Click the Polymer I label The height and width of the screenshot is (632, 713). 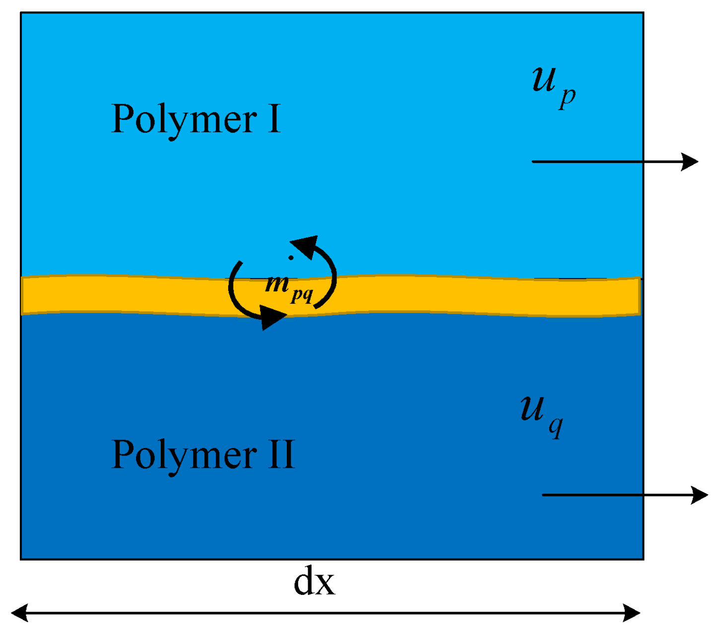pos(196,119)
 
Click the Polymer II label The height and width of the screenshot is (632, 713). pos(203,455)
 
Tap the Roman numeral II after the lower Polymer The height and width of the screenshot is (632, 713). pos(281,454)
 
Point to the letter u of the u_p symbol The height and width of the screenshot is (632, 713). pos(544,79)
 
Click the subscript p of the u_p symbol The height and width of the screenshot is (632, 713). pos(568,97)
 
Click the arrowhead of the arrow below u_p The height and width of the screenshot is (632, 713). pos(690,161)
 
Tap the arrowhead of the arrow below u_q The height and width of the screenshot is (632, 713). pos(700,495)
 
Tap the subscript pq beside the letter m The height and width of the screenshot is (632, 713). pos(302,294)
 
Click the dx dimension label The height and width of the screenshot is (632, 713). pos(314,582)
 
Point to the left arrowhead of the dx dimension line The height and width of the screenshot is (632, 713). pos(19,613)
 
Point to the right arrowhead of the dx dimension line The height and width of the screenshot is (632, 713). pos(632,613)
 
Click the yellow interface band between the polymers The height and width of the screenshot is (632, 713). pos(447,295)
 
